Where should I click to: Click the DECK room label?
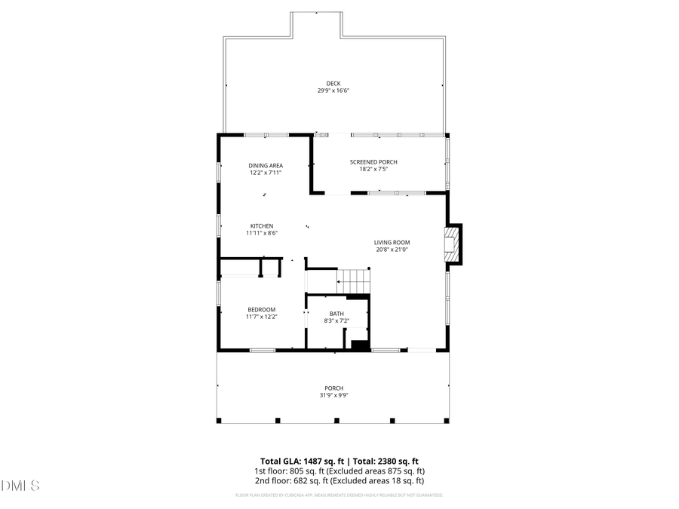(x=333, y=83)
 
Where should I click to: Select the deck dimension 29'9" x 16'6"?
(x=333, y=90)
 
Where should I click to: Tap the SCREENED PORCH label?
(x=373, y=162)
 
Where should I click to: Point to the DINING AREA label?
(x=266, y=165)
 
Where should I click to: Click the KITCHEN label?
(x=262, y=225)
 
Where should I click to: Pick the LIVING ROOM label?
(x=392, y=242)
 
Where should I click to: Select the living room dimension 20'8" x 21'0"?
(x=392, y=250)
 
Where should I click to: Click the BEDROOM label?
(x=262, y=309)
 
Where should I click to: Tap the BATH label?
(x=336, y=314)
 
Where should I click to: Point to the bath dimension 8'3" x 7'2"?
(x=336, y=320)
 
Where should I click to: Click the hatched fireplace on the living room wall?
(x=451, y=245)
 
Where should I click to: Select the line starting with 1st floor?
(x=339, y=471)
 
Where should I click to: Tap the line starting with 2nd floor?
(x=339, y=480)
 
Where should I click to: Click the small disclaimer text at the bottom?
(x=339, y=495)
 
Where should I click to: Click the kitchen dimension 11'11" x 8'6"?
(x=262, y=233)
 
